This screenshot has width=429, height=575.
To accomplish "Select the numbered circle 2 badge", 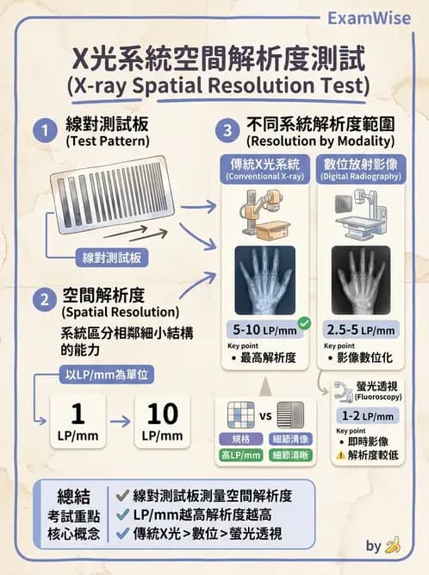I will pos(41,301).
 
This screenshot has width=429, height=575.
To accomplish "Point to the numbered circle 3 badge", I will pos(227,132).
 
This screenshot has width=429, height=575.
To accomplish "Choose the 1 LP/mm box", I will pos(77,420).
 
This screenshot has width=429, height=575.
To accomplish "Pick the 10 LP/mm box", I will pos(163,420).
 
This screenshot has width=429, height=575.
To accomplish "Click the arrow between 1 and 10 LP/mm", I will pos(120,421).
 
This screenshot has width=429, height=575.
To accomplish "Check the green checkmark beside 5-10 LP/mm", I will pos(303,324).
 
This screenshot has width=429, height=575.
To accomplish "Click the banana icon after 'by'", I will pos(394,545).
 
